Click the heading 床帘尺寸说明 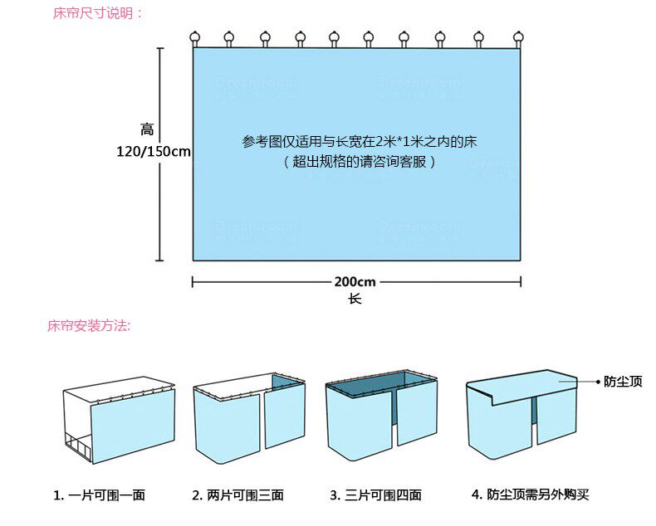(x=97, y=13)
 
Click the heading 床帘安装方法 (x=89, y=326)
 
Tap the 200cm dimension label (x=355, y=282)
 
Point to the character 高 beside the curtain (x=147, y=129)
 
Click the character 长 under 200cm (x=355, y=299)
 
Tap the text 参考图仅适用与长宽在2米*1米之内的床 (x=360, y=142)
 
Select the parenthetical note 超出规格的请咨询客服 (x=360, y=162)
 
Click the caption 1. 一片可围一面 (x=100, y=495)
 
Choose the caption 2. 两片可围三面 (x=238, y=495)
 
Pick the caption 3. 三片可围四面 (x=375, y=495)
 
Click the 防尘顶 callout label (x=624, y=382)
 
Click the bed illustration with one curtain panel (x=120, y=423)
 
